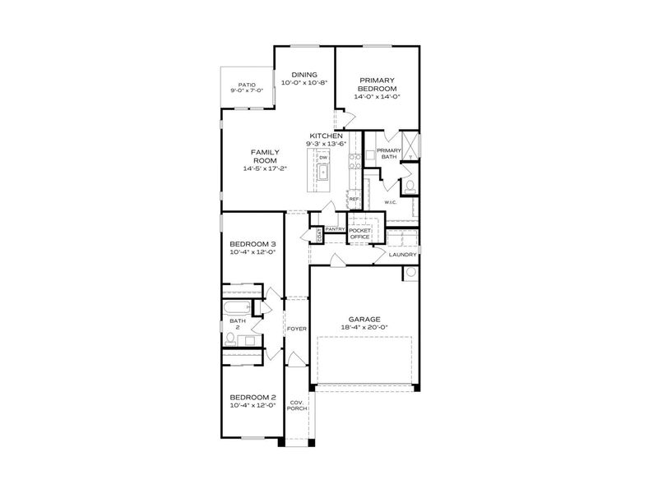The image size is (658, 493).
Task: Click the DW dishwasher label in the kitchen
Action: click(x=323, y=157)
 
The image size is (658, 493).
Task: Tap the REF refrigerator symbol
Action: click(x=354, y=199)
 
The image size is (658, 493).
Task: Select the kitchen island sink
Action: click(x=323, y=173)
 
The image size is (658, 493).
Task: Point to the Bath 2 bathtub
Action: click(x=236, y=310)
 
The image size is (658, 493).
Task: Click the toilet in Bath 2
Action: click(x=231, y=338)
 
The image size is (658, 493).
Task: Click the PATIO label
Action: click(x=247, y=85)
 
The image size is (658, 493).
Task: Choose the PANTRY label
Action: click(x=334, y=229)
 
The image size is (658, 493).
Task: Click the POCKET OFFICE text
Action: click(x=359, y=233)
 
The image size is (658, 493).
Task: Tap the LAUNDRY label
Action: click(x=403, y=255)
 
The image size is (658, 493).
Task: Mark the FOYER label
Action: click(x=296, y=329)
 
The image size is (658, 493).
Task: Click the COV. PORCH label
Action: click(x=296, y=406)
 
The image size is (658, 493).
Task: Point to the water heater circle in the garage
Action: click(x=409, y=274)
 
